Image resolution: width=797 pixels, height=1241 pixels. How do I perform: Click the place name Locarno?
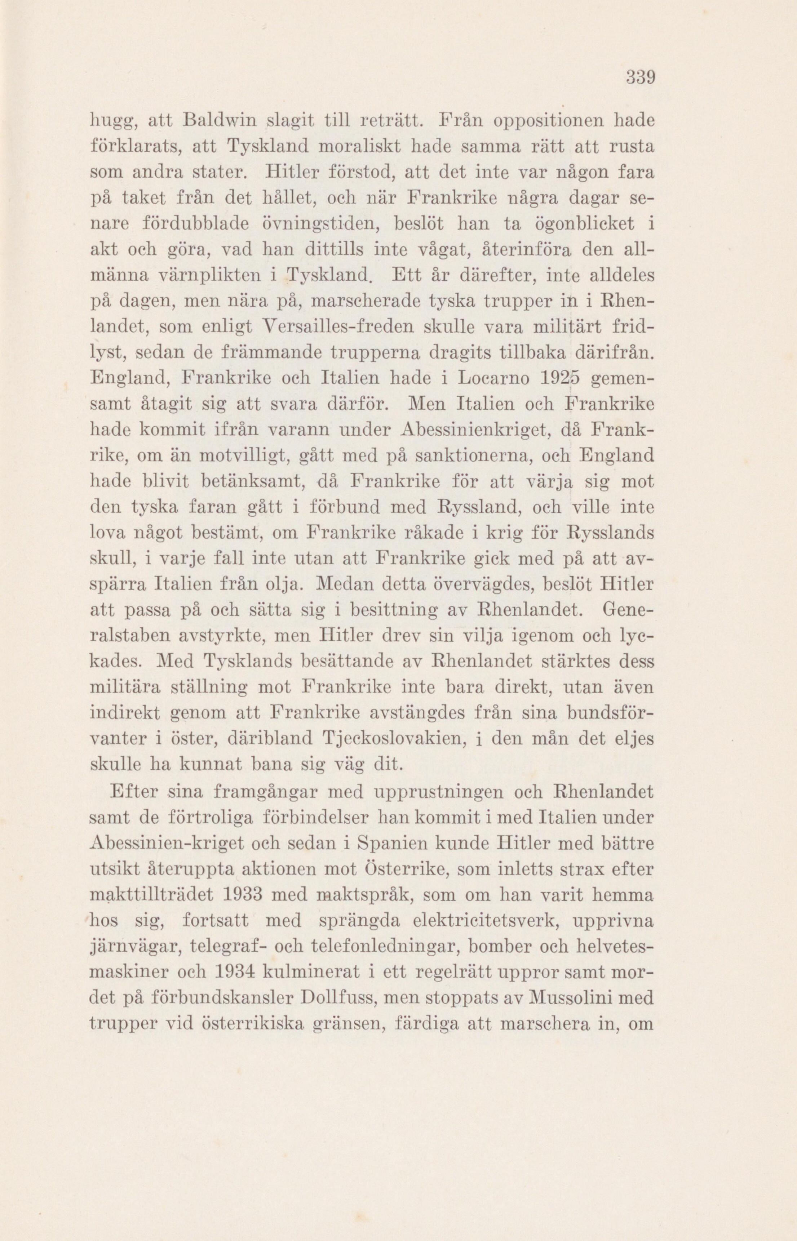499,380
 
